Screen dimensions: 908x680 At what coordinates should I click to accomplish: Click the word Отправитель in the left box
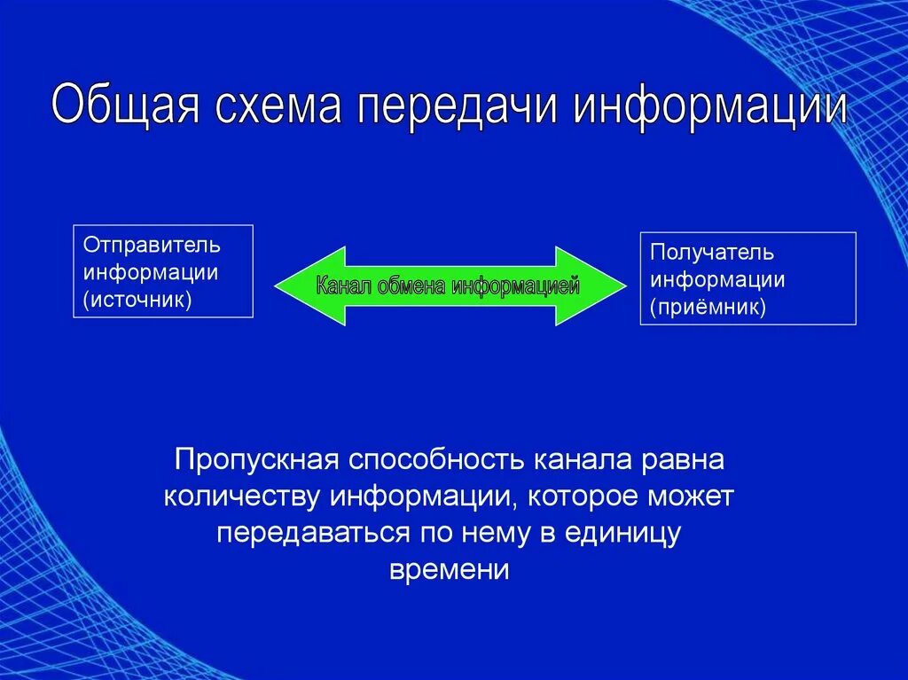(x=152, y=244)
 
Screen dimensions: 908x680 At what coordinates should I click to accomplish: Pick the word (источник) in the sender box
(x=137, y=300)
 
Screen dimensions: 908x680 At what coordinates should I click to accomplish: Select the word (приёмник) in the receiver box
(x=707, y=307)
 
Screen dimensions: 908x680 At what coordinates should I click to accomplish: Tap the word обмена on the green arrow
(x=411, y=286)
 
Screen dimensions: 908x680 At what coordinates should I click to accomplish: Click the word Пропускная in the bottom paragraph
(x=257, y=460)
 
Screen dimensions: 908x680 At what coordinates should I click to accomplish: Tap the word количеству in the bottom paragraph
(x=243, y=496)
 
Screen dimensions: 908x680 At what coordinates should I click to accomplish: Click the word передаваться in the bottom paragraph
(x=313, y=533)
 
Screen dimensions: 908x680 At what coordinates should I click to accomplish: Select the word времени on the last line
(x=450, y=569)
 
